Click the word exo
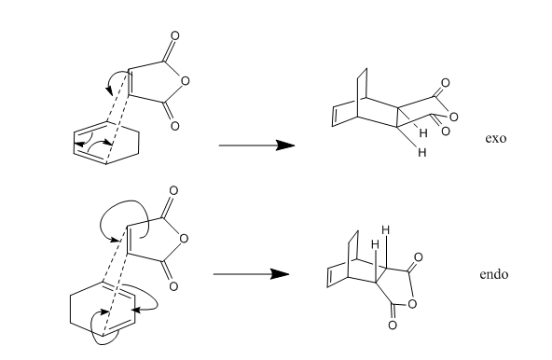point(496,138)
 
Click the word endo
point(494,274)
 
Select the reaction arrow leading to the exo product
point(256,145)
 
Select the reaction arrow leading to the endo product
point(251,274)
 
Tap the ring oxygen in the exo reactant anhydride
point(185,81)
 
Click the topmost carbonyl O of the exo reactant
point(174,36)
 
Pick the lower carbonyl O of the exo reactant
point(174,126)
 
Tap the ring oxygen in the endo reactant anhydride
point(184,239)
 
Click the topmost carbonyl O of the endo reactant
point(173,190)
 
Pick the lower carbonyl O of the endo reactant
point(173,286)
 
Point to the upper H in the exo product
point(423,132)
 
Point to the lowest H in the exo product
point(422,152)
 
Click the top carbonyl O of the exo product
point(446,83)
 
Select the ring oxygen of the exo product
point(454,117)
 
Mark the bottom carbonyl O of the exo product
point(446,132)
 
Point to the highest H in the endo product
point(385,230)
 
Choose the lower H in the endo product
point(375,243)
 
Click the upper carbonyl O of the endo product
point(418,257)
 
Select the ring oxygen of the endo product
point(412,303)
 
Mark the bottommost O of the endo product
point(393,325)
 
